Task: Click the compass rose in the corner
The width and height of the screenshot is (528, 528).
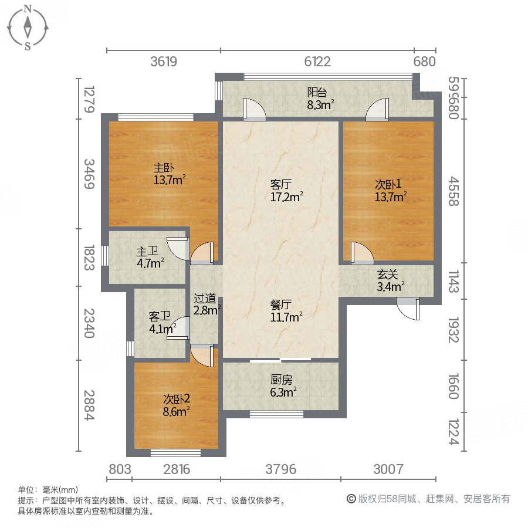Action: (x=28, y=27)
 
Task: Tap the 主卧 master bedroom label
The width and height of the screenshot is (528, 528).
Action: (x=170, y=174)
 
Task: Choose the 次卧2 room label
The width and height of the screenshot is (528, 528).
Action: (x=177, y=405)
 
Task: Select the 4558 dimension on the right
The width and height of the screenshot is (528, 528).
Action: (x=452, y=191)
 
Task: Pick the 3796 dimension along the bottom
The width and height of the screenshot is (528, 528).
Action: (x=281, y=469)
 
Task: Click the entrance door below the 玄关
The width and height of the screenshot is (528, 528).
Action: (x=409, y=309)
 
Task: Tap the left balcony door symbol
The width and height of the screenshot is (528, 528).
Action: (x=253, y=109)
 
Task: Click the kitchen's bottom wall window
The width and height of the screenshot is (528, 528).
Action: (x=276, y=414)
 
